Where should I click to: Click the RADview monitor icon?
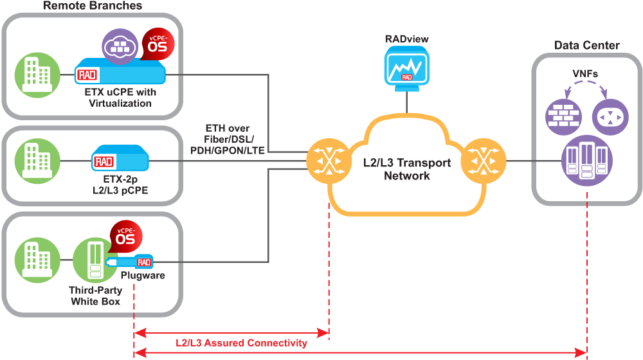[x=406, y=67]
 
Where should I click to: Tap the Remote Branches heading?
[x=93, y=6]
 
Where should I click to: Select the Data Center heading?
[x=586, y=45]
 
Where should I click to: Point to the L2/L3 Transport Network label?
[x=406, y=169]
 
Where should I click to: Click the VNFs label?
[x=586, y=74]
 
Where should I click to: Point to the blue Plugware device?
[x=132, y=261]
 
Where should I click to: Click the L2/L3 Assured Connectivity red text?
[x=241, y=343]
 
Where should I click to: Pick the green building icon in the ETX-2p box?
[x=37, y=161]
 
